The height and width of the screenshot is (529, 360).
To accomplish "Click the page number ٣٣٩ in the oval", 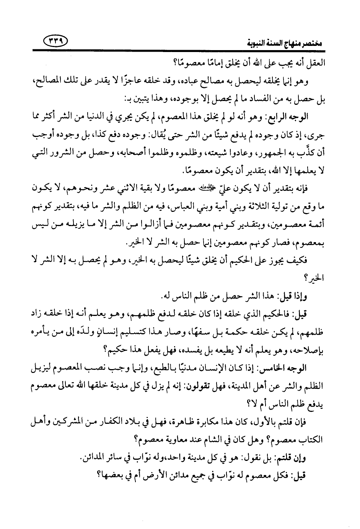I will point(56,40).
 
